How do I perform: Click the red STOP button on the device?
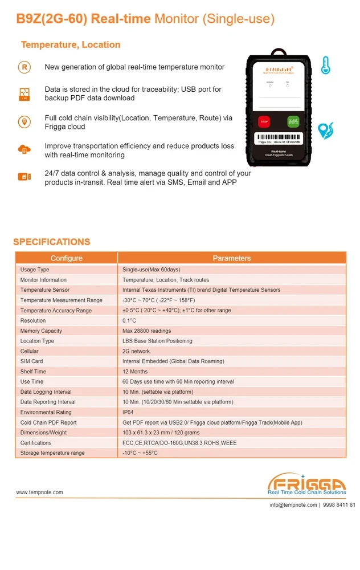264,121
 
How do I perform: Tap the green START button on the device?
293,121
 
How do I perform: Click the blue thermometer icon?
325,65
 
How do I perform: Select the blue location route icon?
325,131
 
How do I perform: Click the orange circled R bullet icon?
24,67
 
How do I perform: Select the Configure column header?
66,258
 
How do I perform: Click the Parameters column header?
231,258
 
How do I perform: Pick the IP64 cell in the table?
128,412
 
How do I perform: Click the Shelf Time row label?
33,372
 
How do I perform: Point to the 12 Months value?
135,372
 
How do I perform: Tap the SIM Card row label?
31,361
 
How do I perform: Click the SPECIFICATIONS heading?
52,242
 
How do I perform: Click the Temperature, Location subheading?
71,44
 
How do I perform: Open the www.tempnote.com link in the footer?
39,492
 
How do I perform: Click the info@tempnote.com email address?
293,505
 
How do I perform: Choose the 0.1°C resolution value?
129,321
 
